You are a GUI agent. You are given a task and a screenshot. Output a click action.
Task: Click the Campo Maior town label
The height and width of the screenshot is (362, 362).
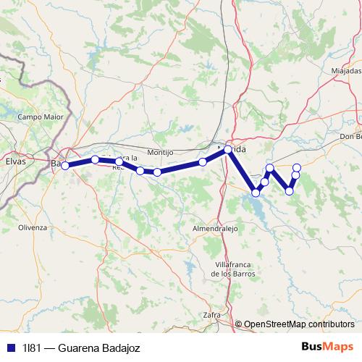(x=41, y=116)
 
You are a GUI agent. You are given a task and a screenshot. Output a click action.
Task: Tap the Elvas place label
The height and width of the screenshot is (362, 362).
(x=15, y=161)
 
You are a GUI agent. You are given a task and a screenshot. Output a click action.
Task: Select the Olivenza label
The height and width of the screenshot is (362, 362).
(x=32, y=227)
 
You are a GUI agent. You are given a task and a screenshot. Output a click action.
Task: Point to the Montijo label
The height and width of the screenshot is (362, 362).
(x=160, y=153)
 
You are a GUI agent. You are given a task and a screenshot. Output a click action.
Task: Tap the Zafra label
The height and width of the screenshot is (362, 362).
(x=211, y=315)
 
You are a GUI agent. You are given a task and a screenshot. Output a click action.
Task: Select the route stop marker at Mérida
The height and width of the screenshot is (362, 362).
(x=228, y=149)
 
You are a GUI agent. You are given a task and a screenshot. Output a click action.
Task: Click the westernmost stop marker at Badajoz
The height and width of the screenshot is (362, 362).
(x=65, y=165)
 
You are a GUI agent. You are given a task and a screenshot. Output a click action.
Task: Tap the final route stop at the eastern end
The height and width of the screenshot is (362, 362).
(x=297, y=168)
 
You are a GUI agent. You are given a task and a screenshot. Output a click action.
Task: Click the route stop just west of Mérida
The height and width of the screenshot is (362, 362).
(x=203, y=162)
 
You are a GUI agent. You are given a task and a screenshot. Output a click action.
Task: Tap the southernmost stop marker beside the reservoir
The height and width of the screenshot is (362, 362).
(x=256, y=193)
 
